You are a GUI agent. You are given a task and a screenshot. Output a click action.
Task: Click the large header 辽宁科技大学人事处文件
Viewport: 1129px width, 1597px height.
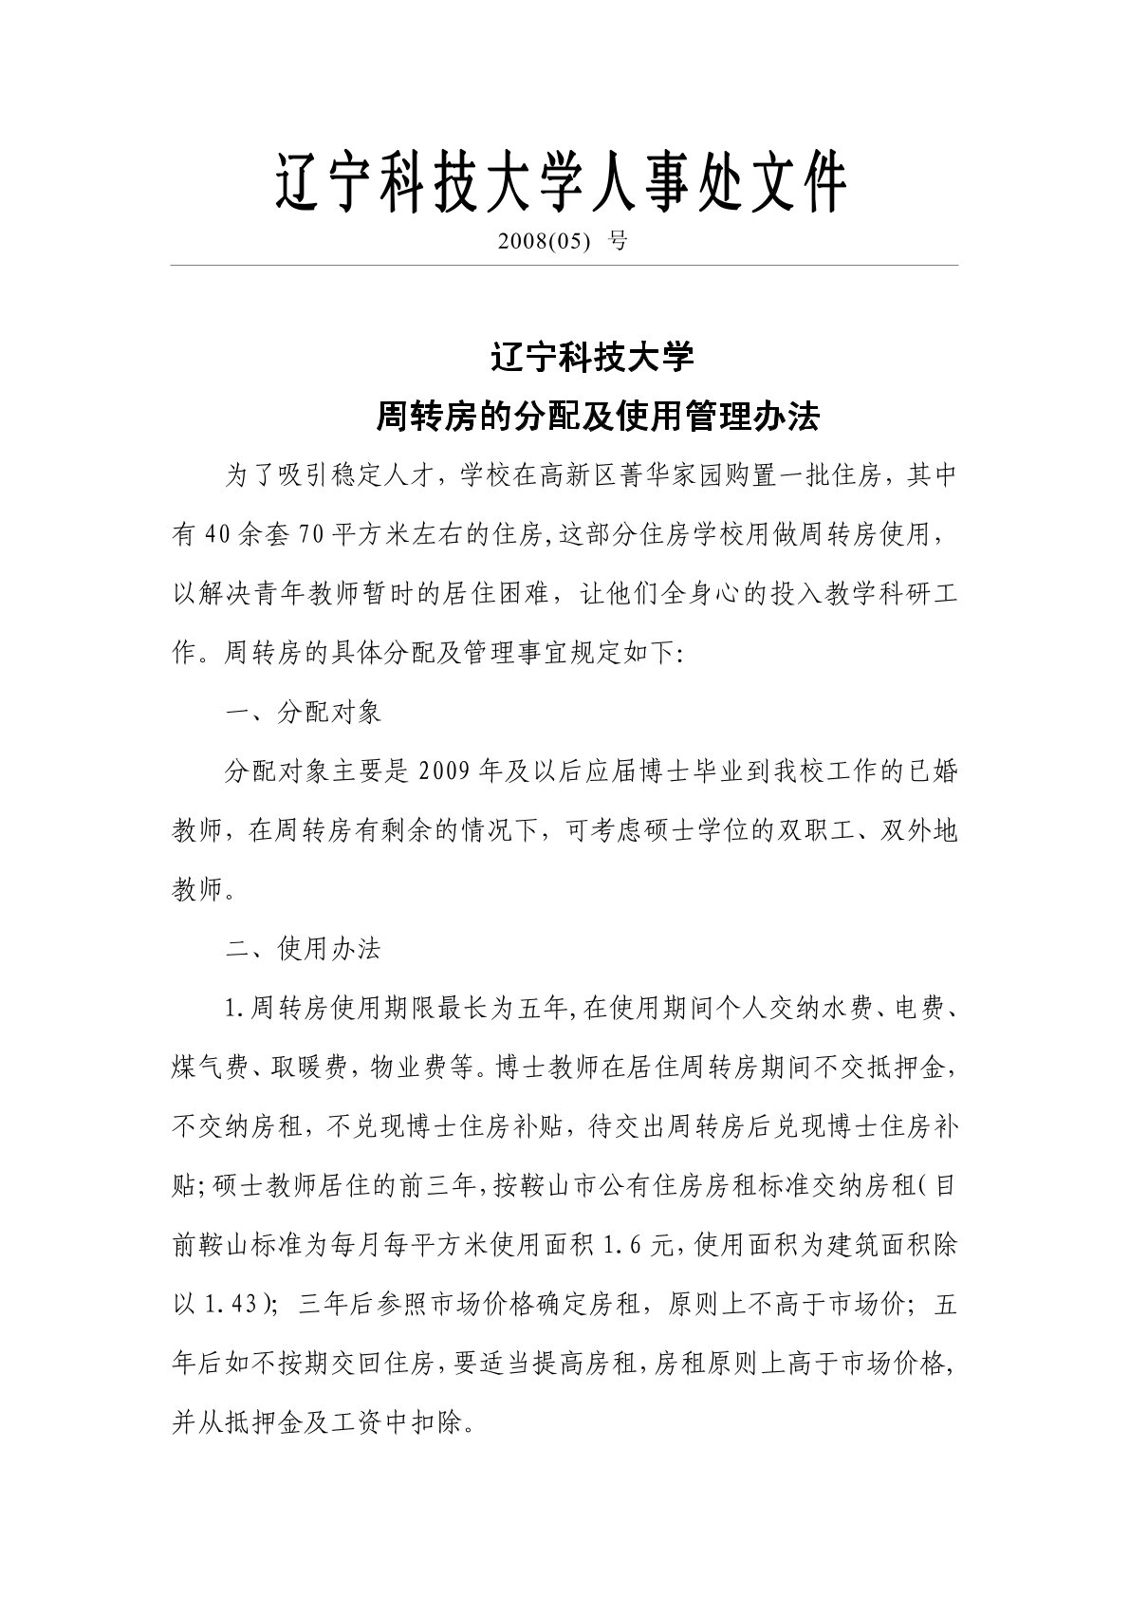(561, 184)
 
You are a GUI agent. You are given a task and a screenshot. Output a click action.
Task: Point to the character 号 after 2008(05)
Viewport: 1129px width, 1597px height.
(618, 242)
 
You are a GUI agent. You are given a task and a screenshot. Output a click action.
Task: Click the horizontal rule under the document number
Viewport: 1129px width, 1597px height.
(564, 266)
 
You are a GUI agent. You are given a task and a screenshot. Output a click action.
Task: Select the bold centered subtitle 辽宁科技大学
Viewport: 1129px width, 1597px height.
(593, 359)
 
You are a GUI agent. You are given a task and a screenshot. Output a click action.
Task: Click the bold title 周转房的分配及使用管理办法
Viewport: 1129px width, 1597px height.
(598, 417)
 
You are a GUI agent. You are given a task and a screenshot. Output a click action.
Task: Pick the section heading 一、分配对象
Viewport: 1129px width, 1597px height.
(303, 713)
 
